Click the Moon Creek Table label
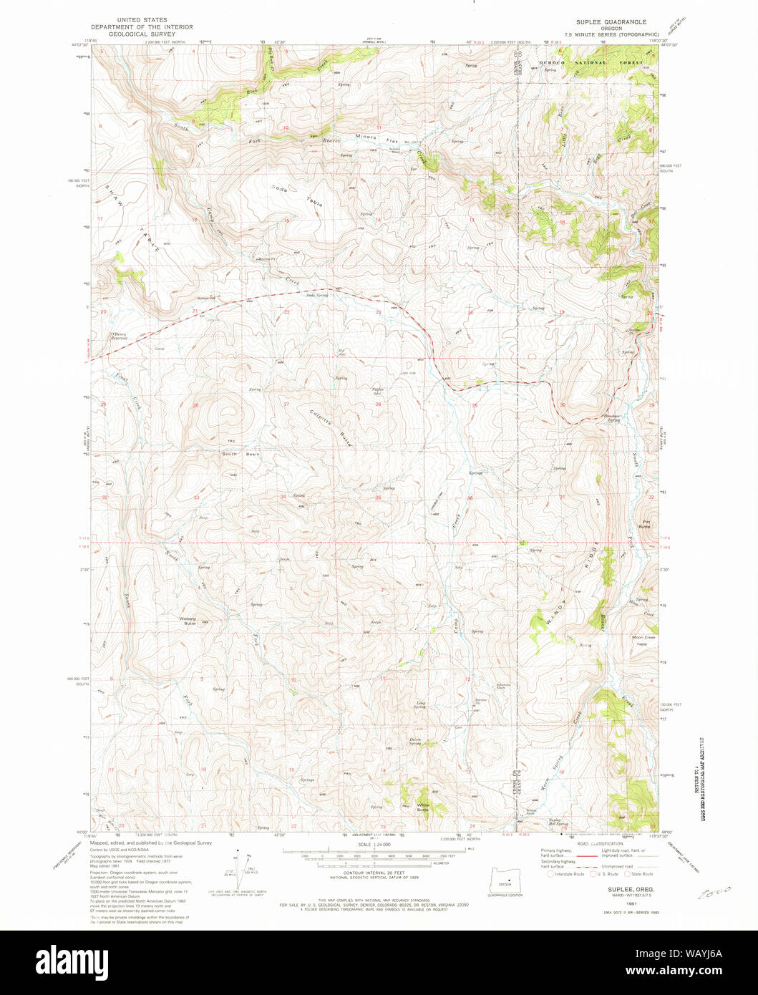[643, 640]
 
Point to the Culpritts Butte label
[330, 427]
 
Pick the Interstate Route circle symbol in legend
[550, 873]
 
